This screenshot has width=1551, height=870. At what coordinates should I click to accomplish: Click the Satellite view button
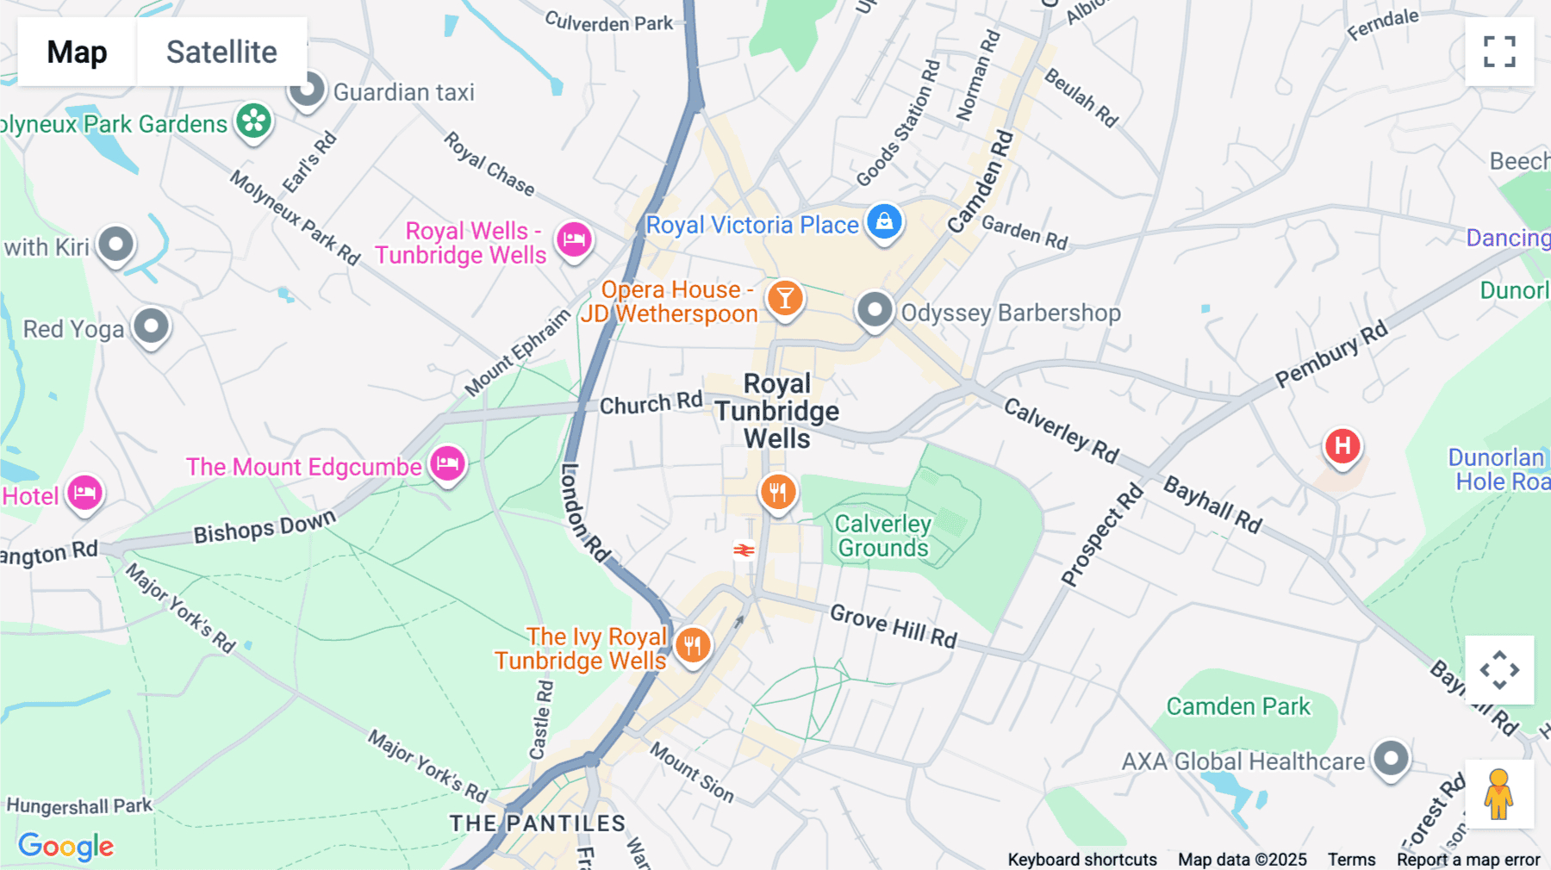(221, 52)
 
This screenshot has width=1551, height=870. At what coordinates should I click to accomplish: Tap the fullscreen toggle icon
(1499, 52)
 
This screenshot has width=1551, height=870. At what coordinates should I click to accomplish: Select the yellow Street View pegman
(1498, 794)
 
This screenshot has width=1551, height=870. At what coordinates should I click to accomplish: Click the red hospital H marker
(1342, 446)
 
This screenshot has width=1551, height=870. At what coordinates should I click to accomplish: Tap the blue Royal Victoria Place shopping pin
(884, 222)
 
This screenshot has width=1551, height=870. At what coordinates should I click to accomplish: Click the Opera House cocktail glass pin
(785, 299)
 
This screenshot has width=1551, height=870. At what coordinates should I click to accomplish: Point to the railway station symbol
(744, 550)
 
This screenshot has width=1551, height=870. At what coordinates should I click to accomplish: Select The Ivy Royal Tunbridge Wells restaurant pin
(693, 644)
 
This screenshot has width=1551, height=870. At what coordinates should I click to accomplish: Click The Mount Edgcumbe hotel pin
(447, 464)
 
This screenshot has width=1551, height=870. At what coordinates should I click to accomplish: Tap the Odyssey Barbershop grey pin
(875, 309)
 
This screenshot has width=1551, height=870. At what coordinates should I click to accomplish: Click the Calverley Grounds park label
(882, 536)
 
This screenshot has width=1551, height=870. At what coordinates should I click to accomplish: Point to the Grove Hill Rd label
(893, 626)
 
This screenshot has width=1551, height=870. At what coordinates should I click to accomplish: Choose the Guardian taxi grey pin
(307, 90)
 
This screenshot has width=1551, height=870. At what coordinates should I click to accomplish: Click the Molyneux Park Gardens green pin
(254, 121)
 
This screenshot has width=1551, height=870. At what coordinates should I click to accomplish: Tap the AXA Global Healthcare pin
(1390, 759)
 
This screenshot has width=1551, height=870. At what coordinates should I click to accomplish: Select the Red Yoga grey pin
(152, 326)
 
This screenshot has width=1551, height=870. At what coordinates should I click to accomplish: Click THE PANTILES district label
(537, 823)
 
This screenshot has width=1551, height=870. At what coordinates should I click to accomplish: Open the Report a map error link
(1467, 859)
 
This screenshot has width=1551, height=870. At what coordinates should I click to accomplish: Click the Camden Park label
(1237, 706)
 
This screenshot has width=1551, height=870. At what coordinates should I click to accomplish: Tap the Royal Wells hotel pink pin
(574, 239)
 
